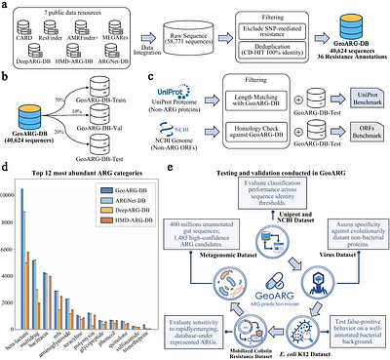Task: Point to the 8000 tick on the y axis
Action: tap(17, 226)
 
